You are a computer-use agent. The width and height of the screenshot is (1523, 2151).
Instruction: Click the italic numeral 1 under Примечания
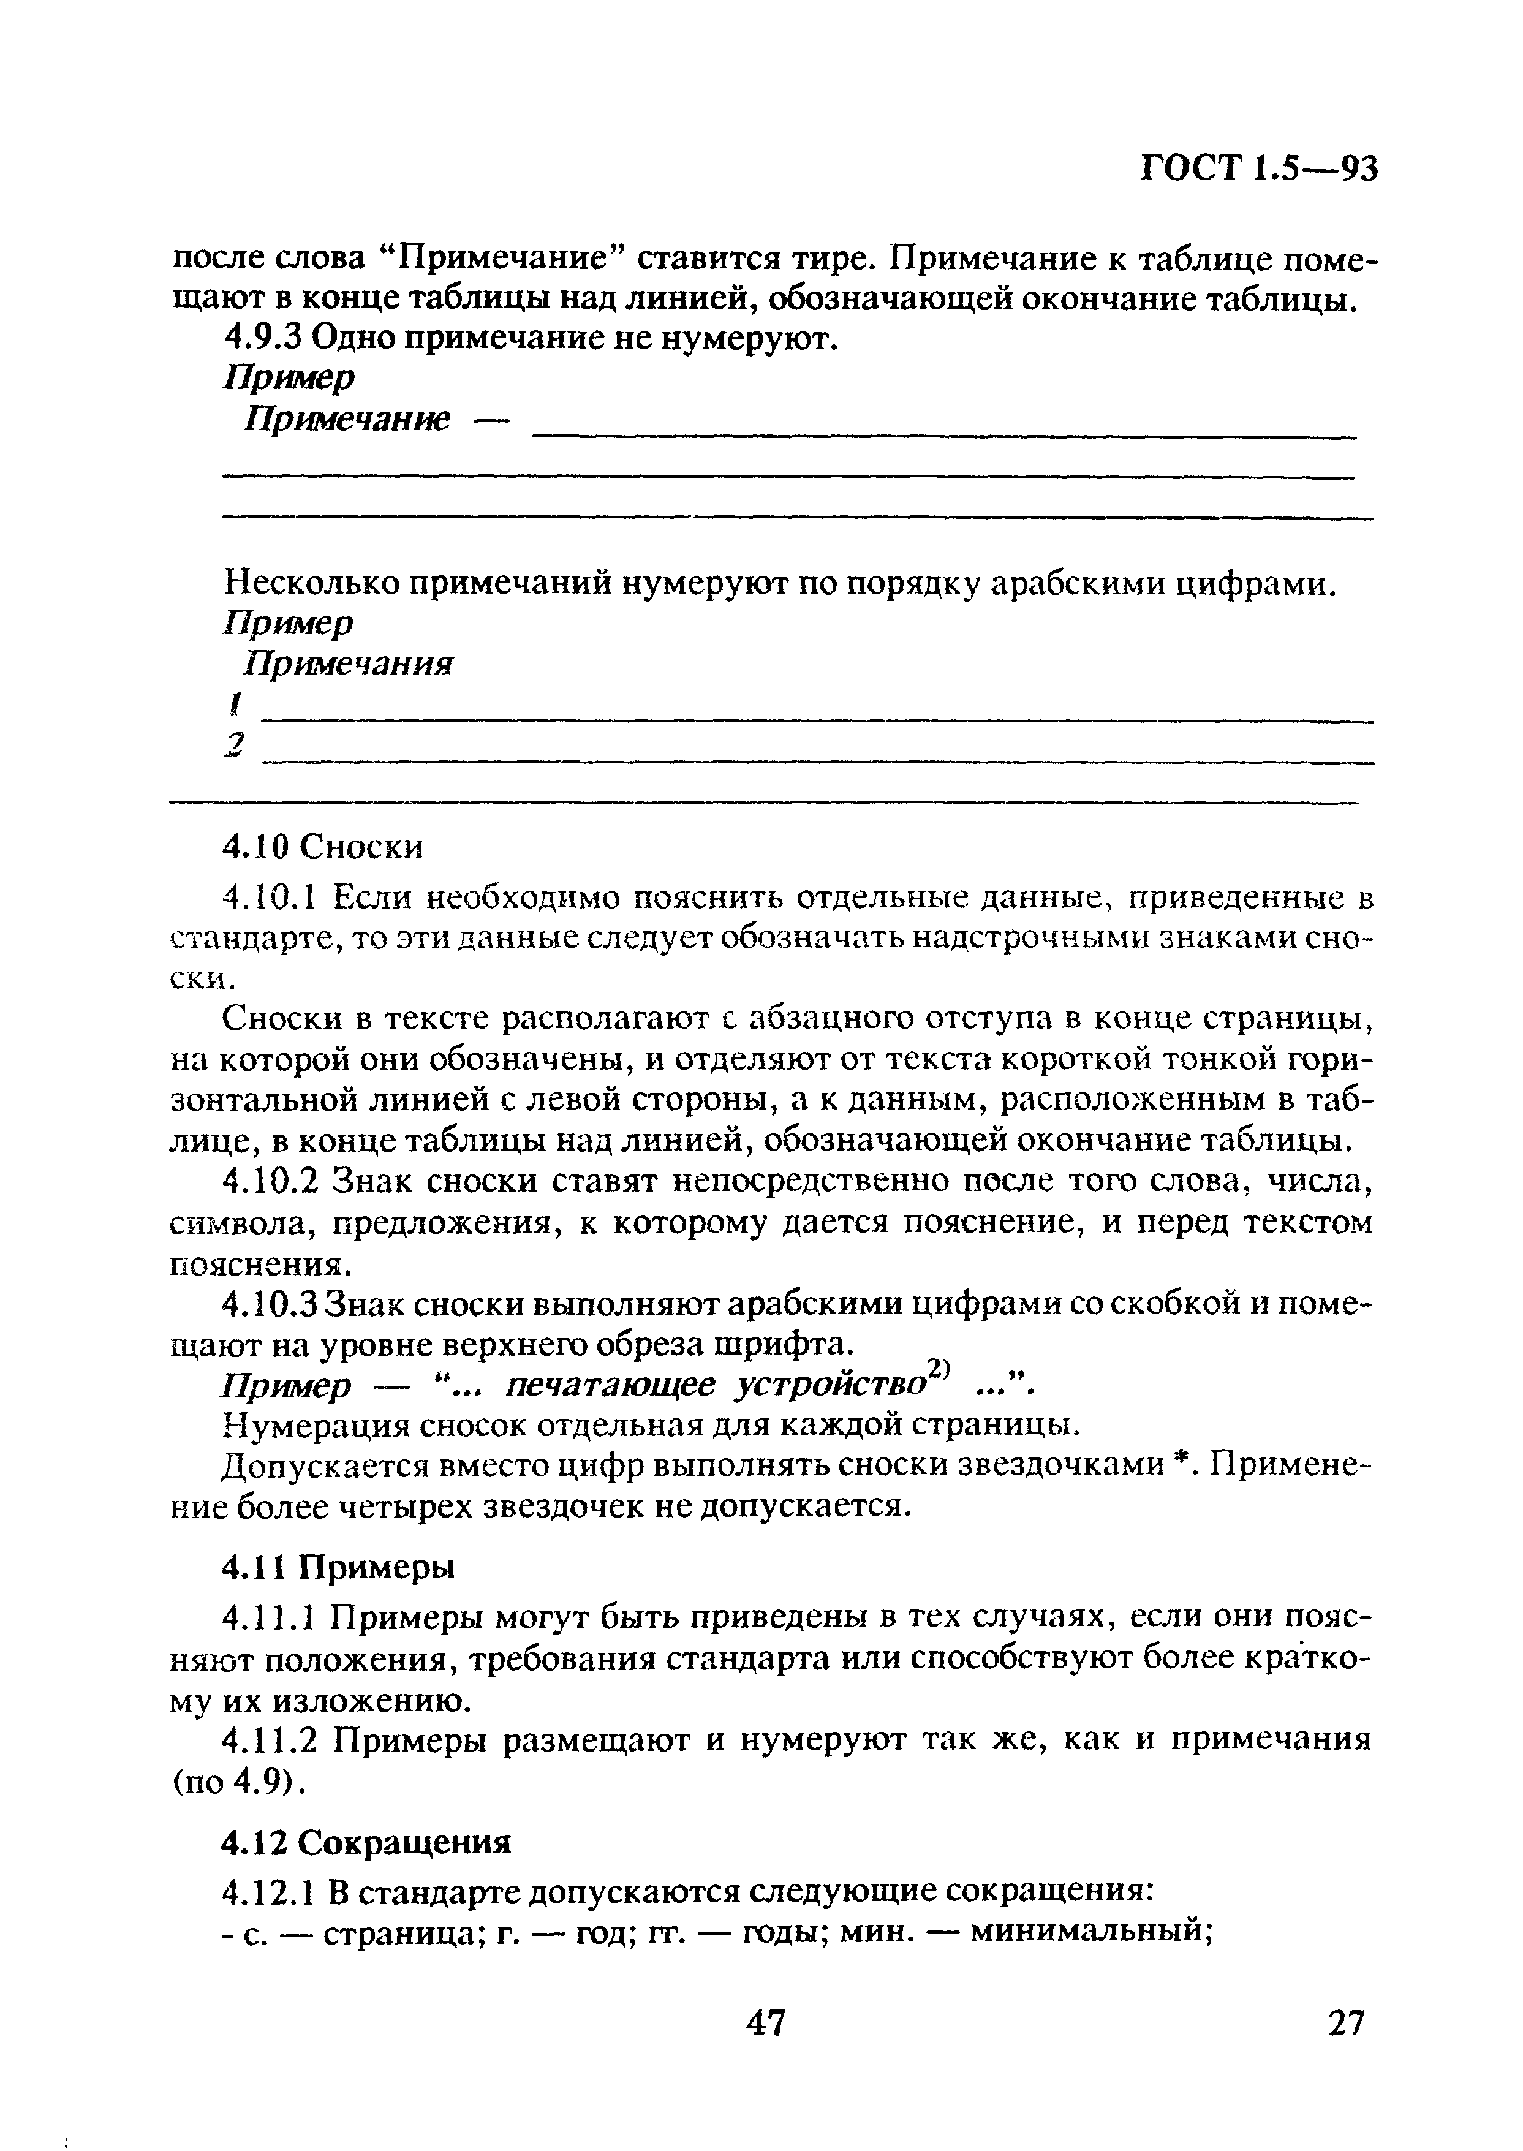point(237,703)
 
